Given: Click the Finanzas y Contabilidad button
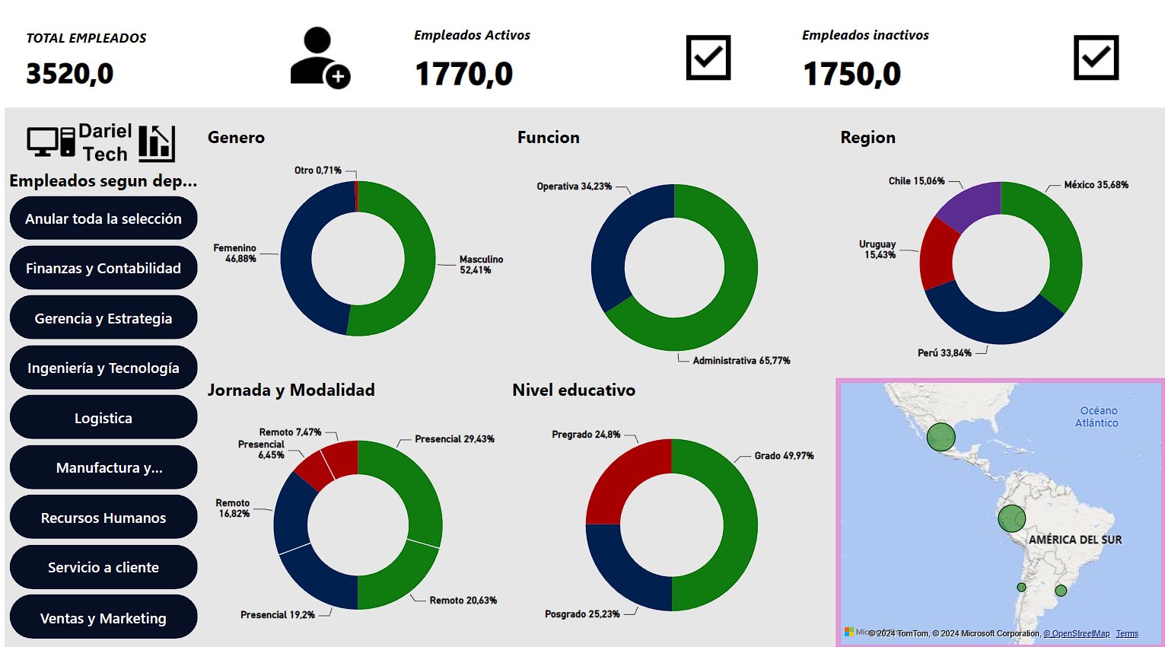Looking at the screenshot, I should click(103, 268).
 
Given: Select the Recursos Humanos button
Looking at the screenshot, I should click(103, 518).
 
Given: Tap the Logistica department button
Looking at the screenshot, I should click(103, 418).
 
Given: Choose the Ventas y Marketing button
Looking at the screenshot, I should click(103, 618).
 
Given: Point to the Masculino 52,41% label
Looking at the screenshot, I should click(481, 265).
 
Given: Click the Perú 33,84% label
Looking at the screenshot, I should click(944, 353).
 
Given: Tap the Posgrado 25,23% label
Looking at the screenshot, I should click(582, 614).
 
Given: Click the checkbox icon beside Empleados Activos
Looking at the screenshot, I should click(708, 57).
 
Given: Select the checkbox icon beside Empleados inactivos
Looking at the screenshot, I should click(1096, 57).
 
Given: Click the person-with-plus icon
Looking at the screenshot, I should click(320, 58).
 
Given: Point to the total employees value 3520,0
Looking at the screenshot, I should click(70, 74).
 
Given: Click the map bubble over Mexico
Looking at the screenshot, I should click(941, 437).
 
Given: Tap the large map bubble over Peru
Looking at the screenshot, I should click(1011, 518).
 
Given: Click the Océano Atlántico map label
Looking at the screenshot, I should click(1097, 417).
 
